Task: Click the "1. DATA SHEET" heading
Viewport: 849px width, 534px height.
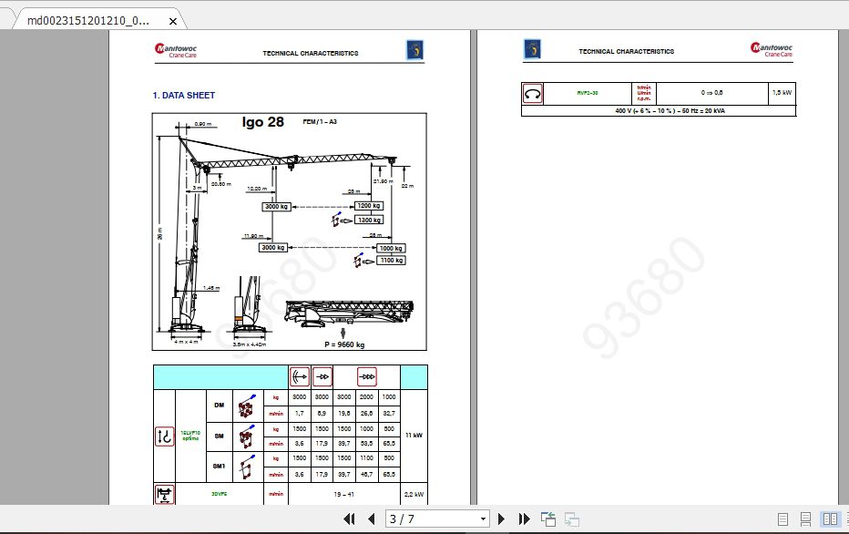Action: pos(184,95)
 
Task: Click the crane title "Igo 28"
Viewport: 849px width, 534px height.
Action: pos(263,122)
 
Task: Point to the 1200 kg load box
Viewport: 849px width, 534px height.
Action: pos(368,206)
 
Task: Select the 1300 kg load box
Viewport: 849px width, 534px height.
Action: pos(369,221)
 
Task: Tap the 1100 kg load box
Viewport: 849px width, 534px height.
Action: pos(391,262)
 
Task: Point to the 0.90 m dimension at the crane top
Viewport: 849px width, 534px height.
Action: pos(202,124)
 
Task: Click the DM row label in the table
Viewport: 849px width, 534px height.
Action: pos(219,405)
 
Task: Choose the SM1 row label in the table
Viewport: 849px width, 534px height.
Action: pos(219,467)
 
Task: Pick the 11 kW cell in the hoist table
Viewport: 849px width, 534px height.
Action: pos(414,436)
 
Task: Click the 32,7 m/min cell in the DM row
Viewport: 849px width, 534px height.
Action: pos(389,413)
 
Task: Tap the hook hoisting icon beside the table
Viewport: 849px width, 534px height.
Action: pos(165,436)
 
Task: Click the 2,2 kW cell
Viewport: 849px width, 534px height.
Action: pos(414,494)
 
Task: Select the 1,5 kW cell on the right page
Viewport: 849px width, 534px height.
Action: pos(782,93)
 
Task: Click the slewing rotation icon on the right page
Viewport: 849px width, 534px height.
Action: pos(533,93)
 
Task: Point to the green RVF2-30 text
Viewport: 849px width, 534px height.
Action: pos(587,93)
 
